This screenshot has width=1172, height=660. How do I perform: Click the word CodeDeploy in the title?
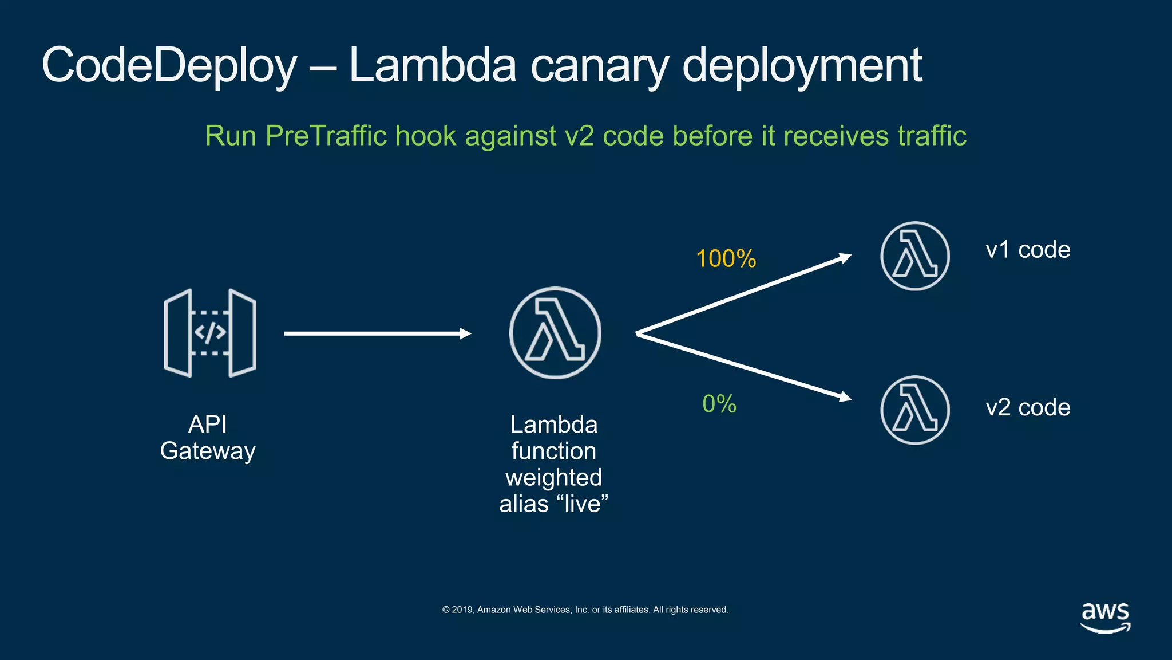click(x=169, y=66)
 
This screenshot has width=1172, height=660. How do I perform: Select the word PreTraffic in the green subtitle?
click(x=326, y=136)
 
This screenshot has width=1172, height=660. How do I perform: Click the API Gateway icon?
click(x=210, y=333)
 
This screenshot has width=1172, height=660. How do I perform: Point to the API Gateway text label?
click(x=208, y=438)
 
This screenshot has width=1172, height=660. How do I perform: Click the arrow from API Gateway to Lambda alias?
click(x=378, y=333)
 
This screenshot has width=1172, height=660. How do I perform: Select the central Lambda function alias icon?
click(x=555, y=333)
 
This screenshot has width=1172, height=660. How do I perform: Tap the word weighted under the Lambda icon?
click(x=553, y=478)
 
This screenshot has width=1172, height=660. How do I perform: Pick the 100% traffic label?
click(x=726, y=259)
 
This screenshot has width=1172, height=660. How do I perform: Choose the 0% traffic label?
click(x=719, y=404)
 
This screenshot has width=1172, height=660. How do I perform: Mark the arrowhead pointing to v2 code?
click(x=845, y=396)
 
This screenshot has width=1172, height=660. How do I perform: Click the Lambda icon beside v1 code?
click(x=914, y=256)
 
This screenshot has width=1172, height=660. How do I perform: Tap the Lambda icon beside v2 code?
click(x=914, y=410)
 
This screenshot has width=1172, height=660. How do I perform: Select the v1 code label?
click(x=1028, y=250)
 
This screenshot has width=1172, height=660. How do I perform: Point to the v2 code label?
click(x=1028, y=408)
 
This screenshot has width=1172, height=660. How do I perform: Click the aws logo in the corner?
click(x=1105, y=617)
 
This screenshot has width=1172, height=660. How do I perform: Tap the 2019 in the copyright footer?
click(x=462, y=610)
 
